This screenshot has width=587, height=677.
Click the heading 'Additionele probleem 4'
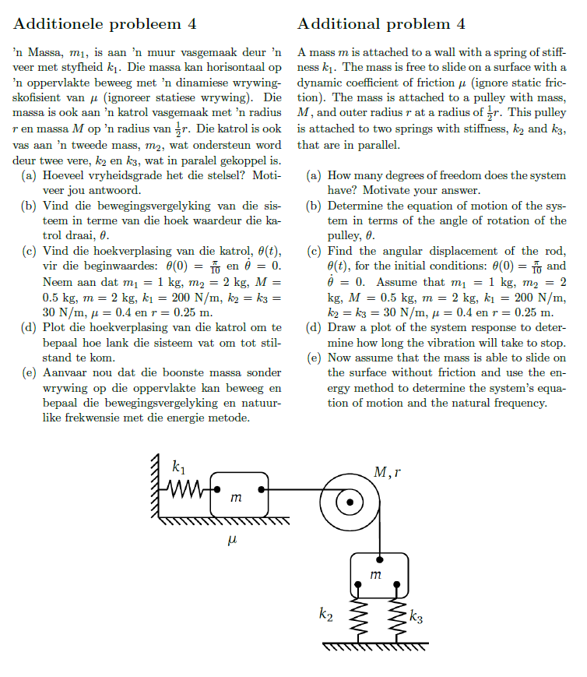pos(105,23)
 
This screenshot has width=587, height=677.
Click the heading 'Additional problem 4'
pos(381,23)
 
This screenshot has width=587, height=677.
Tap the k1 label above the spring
pos(178,469)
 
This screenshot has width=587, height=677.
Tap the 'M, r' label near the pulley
pos(387,472)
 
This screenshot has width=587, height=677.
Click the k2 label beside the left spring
pos(328,615)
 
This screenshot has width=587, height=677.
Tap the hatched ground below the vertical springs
pos(375,646)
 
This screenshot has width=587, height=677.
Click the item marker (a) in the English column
pos(313,176)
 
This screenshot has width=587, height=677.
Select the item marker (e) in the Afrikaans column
pos(28,372)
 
